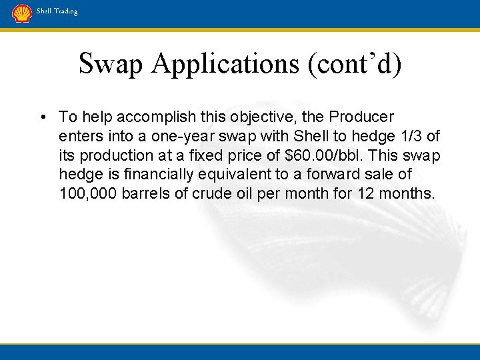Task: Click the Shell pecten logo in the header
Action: click(x=22, y=13)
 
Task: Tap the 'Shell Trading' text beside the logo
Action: click(x=57, y=11)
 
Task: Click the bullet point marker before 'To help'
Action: click(x=42, y=117)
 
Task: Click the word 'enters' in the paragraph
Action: click(x=79, y=137)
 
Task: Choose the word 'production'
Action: click(x=113, y=155)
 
